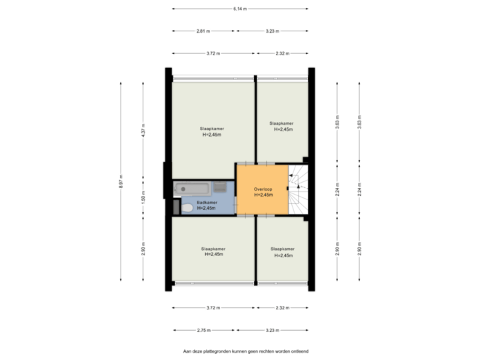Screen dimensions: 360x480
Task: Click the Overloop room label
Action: (263, 189)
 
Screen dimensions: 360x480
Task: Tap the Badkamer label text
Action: (207, 202)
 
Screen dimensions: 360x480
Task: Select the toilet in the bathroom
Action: (187, 209)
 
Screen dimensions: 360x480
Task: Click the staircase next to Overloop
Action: (298, 189)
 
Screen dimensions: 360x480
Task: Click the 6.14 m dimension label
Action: (240, 9)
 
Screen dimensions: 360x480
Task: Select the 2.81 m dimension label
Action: (203, 31)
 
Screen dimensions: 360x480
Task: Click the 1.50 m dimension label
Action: (143, 197)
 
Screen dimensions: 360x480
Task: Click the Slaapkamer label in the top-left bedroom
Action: (211, 128)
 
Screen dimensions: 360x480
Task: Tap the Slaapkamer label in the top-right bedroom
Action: (281, 123)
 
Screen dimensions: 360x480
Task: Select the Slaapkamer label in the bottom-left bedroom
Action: (213, 249)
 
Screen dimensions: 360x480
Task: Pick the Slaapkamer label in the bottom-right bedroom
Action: (283, 249)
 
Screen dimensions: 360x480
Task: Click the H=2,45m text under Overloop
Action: (263, 195)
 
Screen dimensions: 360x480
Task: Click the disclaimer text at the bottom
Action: (246, 350)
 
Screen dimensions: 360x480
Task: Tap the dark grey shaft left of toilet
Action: (176, 208)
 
